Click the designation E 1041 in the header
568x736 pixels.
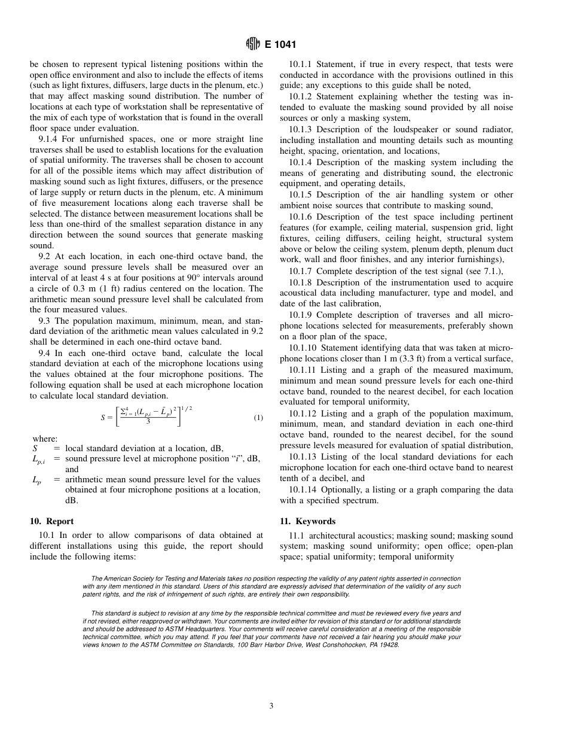[279, 44]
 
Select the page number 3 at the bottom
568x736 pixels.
[271, 706]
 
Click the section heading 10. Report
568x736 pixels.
[52, 521]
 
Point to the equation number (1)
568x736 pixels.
[258, 418]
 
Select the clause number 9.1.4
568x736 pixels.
[49, 138]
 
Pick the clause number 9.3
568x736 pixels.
[45, 321]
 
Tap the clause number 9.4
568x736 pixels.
[45, 354]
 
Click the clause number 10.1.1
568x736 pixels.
[300, 64]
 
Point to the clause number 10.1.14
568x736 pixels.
[303, 490]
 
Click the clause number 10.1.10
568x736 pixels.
[303, 348]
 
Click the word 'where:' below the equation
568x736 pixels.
[45, 439]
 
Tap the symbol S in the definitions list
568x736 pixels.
[35, 448]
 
